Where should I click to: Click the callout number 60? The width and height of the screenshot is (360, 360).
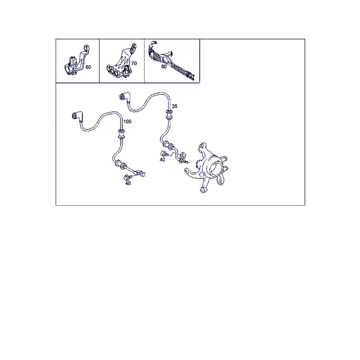coord(88,67)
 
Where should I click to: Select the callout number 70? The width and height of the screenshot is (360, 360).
coord(134,63)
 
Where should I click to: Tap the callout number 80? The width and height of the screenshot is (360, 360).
coord(164,67)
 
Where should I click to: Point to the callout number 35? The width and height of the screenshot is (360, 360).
coord(175,106)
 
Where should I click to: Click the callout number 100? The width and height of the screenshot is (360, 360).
coord(127,121)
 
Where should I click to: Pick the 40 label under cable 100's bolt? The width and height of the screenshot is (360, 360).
coord(128,183)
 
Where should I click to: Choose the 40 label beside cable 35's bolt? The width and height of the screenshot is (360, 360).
coord(163,160)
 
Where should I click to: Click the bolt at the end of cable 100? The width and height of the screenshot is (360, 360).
coord(127,178)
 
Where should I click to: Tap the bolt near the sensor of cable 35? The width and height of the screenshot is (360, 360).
coord(164,154)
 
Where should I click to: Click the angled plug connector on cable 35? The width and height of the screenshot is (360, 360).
coord(124,96)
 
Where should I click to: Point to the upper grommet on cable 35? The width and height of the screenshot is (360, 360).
coord(169,115)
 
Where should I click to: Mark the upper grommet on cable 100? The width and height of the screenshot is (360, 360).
coord(121,134)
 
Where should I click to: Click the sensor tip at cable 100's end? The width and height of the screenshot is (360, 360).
coord(141,173)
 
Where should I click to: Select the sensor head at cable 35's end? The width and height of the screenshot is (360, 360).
coord(184,158)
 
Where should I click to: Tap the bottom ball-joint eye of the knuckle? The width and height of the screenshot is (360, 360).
coord(203,190)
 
